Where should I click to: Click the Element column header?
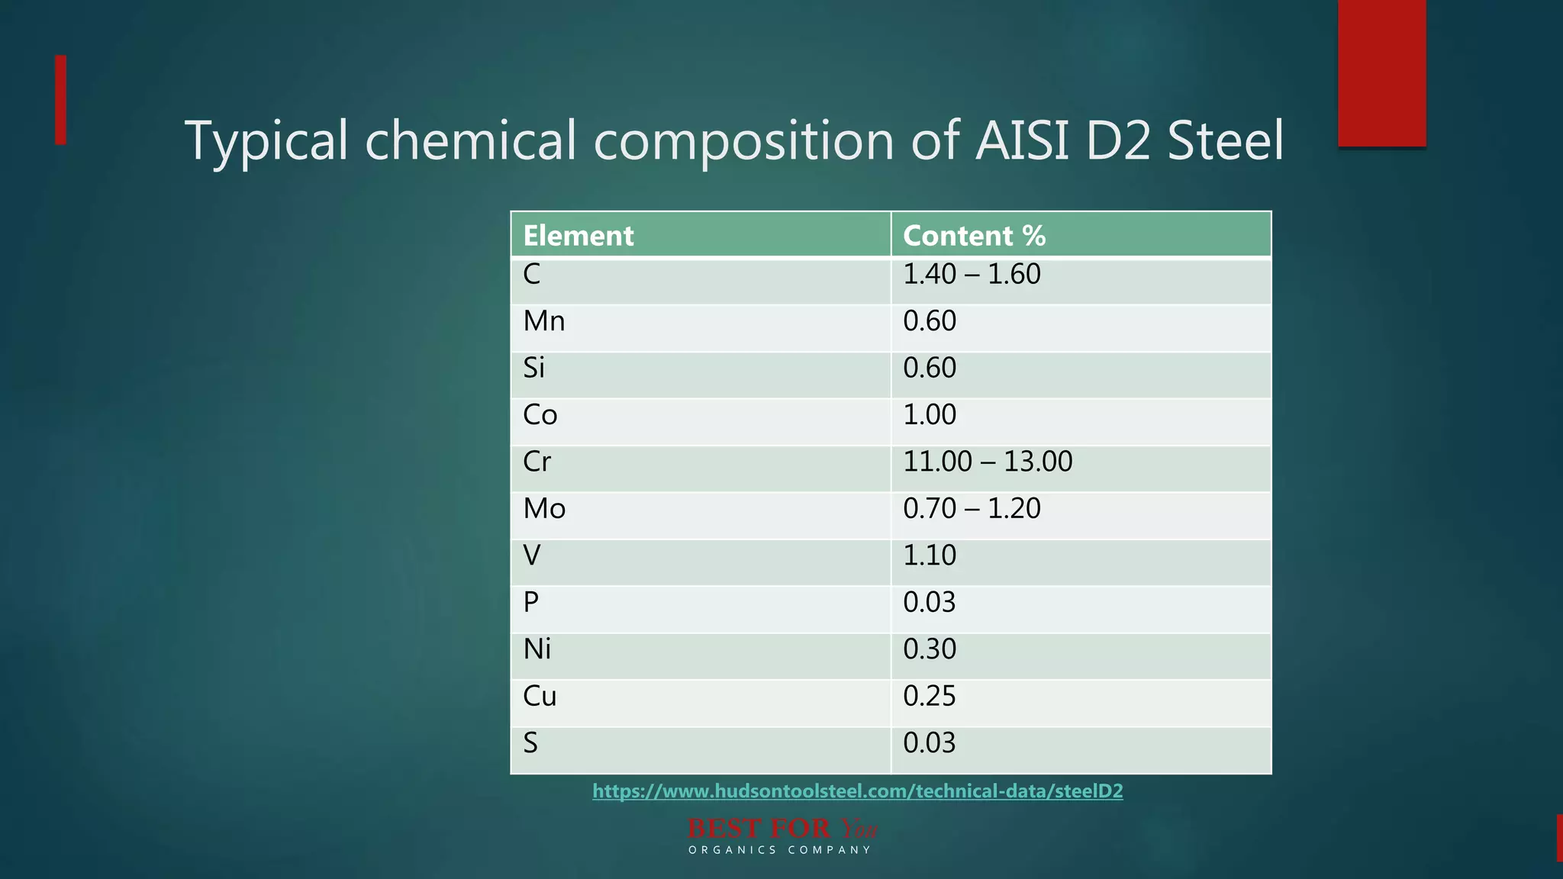(x=578, y=236)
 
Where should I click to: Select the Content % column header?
(x=974, y=236)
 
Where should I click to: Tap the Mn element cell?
(x=544, y=321)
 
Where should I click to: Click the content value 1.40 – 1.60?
(x=972, y=274)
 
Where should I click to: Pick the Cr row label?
(x=537, y=462)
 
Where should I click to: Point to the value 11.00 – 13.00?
(x=988, y=462)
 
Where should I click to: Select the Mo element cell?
(x=544, y=508)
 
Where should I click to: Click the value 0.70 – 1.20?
(x=972, y=508)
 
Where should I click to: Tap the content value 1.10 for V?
(x=930, y=555)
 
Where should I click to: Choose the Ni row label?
(x=537, y=649)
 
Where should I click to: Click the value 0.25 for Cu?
(x=930, y=696)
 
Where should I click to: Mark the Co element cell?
(x=540, y=415)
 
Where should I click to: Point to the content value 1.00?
(x=930, y=415)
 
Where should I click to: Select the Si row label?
(x=533, y=368)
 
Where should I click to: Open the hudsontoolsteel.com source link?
(x=858, y=791)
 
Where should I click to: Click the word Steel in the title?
(x=1226, y=141)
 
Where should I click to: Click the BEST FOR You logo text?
(x=781, y=829)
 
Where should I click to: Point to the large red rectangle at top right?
(x=1382, y=72)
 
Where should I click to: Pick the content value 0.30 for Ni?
(x=930, y=649)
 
